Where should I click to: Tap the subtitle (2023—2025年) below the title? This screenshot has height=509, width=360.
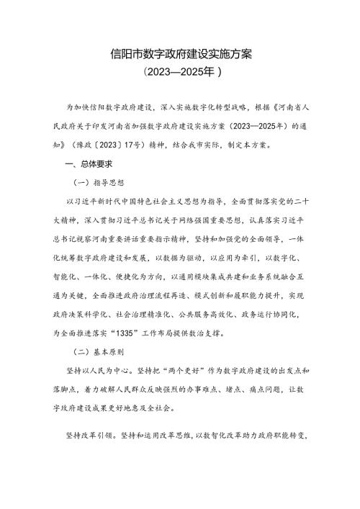pos(179,73)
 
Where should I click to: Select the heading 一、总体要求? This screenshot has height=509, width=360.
pos(89,164)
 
